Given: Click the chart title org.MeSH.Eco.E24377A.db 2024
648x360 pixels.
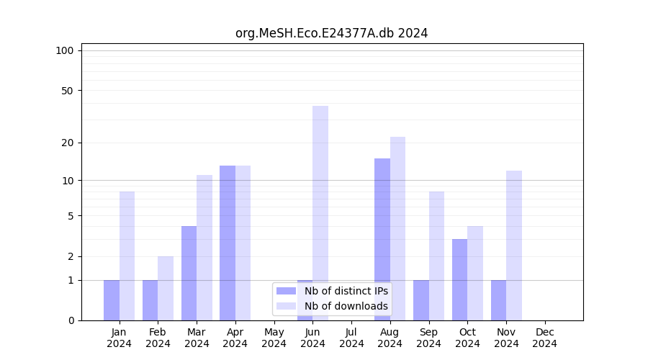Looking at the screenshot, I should (x=331, y=33).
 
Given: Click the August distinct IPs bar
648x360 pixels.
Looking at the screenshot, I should (x=382, y=239).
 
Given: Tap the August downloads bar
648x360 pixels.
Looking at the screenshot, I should (x=397, y=228).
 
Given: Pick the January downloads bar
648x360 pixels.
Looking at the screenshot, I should (x=127, y=256).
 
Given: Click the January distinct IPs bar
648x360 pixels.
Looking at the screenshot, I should (x=112, y=300).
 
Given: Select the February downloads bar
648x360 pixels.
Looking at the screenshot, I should (x=166, y=288).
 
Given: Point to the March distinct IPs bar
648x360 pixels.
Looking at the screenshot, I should (x=189, y=273).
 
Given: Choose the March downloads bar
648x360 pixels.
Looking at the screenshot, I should (x=204, y=247).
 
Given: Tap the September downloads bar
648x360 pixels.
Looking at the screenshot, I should (x=436, y=256).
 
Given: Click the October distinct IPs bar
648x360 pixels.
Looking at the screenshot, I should (x=459, y=279).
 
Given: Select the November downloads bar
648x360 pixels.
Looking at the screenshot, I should (x=514, y=245).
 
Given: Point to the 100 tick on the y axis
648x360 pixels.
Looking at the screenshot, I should (x=65, y=50).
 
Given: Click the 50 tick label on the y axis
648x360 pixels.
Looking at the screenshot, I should (x=68, y=91).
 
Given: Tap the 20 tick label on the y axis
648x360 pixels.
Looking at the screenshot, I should (x=68, y=143).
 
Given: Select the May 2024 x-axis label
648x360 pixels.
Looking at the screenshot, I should (x=274, y=338).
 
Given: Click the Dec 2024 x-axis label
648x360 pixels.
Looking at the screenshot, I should (x=545, y=338).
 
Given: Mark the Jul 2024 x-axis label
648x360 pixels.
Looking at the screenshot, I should (x=351, y=338).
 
